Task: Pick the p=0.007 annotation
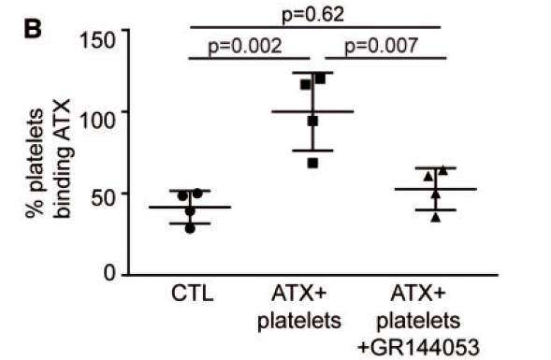click(x=385, y=45)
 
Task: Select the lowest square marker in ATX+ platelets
click(x=312, y=163)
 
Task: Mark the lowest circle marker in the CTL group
click(x=190, y=227)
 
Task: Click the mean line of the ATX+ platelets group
click(x=312, y=111)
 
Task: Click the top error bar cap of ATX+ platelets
click(x=312, y=73)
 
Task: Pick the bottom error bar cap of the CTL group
click(x=190, y=223)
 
